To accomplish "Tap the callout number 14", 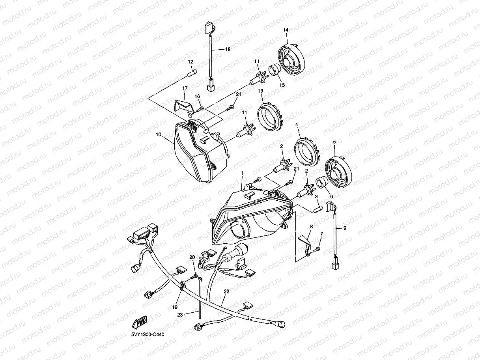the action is coord(286,30).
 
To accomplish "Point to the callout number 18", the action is coord(228,49).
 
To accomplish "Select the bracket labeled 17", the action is coord(183,106).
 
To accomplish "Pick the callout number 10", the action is coord(159,134).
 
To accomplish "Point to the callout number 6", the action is coord(331,197).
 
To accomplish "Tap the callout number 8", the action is coord(311,227).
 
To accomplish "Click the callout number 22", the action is coord(226,292).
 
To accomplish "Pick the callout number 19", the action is coord(175,307).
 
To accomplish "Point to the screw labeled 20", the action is coord(195,276).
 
